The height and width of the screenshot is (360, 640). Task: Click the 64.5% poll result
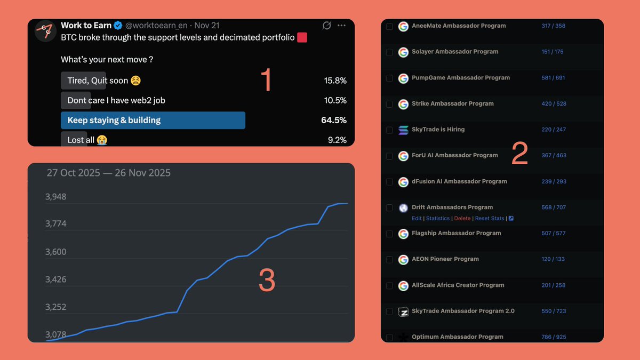click(334, 121)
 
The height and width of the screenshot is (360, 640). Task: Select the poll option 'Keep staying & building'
click(114, 121)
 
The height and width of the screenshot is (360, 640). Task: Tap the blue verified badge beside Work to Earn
click(118, 26)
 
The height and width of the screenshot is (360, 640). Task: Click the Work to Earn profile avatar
click(45, 31)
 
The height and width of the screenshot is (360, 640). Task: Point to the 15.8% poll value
click(335, 81)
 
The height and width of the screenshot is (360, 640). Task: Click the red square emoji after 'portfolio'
click(302, 38)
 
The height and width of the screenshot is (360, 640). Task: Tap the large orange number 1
click(266, 80)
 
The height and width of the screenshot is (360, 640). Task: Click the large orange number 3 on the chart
click(267, 281)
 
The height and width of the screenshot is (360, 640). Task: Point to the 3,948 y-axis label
click(55, 197)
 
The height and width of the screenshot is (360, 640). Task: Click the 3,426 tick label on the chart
click(55, 279)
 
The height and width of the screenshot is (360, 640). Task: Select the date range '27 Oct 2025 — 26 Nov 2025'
click(108, 173)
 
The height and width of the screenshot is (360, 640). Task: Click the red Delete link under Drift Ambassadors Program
click(462, 219)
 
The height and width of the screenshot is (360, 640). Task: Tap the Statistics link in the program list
click(438, 219)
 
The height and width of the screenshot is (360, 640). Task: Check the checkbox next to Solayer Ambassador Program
click(389, 52)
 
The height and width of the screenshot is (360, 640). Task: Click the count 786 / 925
click(554, 337)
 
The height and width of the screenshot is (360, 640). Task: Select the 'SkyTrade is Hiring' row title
click(438, 130)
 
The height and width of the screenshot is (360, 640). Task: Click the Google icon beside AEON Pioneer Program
click(403, 260)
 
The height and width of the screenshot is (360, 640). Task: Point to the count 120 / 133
click(553, 259)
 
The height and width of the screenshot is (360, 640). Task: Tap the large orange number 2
click(519, 154)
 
